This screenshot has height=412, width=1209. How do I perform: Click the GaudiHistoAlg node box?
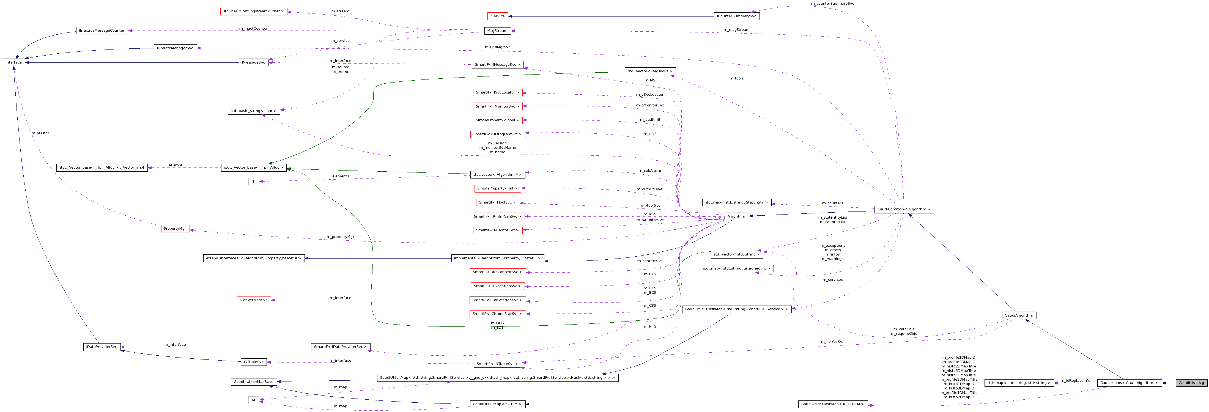(x=1191, y=383)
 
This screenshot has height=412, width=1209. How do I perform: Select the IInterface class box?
(x=13, y=62)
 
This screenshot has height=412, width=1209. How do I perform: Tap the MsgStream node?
(x=497, y=31)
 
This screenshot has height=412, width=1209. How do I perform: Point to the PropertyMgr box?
(x=175, y=229)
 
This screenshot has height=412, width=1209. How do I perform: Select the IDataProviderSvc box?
(x=102, y=347)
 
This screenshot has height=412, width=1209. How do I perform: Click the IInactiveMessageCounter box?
(x=102, y=31)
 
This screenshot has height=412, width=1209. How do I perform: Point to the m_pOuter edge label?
(x=40, y=133)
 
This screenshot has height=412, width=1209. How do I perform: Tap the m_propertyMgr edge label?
(x=340, y=237)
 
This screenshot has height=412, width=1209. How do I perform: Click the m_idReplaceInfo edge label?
(x=1075, y=381)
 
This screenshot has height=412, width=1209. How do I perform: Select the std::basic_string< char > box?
(x=253, y=111)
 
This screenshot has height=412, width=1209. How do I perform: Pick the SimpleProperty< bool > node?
(x=498, y=120)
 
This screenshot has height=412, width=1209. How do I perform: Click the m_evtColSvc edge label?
(x=832, y=342)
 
